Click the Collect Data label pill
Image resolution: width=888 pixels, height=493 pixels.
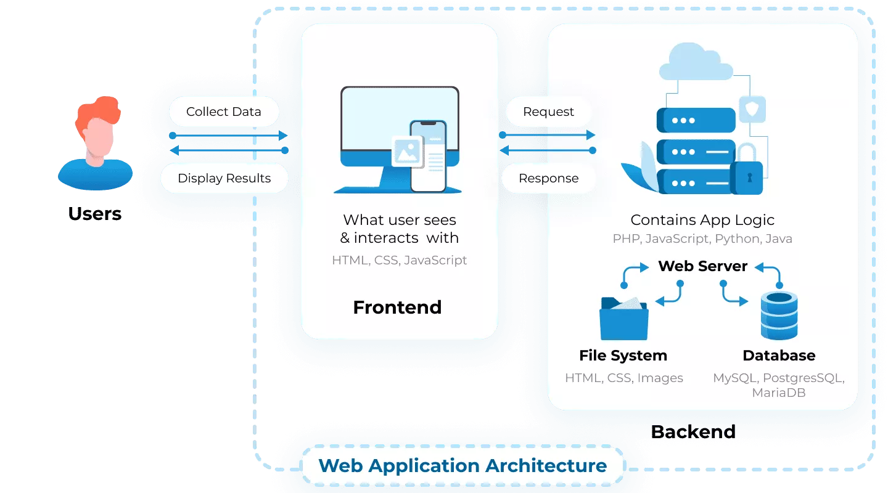coord(224,112)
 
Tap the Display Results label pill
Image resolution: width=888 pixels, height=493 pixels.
coord(224,178)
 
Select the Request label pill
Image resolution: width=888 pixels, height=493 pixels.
coord(548,112)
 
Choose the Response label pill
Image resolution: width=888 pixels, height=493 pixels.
coord(549,178)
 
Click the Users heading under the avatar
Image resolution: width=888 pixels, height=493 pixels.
coord(95,214)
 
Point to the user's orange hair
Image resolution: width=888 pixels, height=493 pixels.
coord(99,112)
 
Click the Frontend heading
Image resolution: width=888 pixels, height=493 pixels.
coord(397,308)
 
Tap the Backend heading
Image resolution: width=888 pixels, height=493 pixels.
coord(693,431)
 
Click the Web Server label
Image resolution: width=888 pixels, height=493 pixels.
coord(703,266)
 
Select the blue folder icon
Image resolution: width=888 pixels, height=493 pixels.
coord(624,318)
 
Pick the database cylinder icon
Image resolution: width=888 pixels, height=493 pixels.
coord(779,316)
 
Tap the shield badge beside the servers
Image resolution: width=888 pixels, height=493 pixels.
coord(752,109)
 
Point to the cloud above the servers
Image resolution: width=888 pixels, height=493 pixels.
coord(696,62)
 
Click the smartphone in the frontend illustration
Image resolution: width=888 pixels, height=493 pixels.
coord(428,156)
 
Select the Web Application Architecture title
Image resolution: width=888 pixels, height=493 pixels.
coord(462,466)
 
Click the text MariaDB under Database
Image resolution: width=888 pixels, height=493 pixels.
coord(779,393)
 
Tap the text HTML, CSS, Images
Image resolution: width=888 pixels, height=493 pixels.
coord(624,378)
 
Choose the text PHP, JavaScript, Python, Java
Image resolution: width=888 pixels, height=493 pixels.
coord(702,238)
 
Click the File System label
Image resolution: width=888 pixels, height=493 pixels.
coord(623,356)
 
